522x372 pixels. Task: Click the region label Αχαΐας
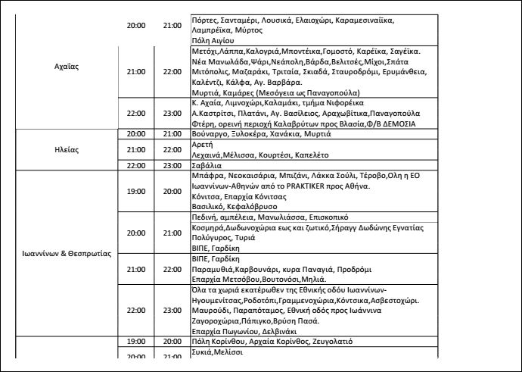(68, 66)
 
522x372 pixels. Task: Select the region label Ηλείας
(68, 149)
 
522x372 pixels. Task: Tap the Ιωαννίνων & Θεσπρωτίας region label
(68, 253)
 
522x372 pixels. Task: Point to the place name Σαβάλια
(207, 165)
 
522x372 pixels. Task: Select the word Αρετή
(202, 144)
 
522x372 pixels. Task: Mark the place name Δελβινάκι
(281, 332)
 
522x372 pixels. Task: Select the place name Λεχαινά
(209, 155)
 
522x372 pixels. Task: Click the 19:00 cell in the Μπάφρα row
(136, 191)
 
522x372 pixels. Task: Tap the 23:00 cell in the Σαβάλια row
(172, 165)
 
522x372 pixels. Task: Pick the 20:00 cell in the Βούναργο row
(136, 134)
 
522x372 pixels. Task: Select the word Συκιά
(202, 353)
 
